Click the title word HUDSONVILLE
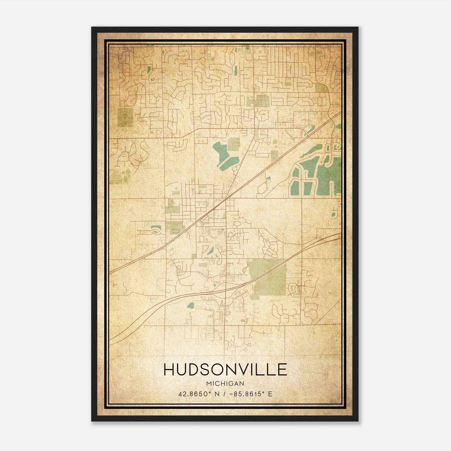click(x=225, y=370)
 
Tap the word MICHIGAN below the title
click(x=225, y=384)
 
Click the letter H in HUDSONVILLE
click(x=169, y=370)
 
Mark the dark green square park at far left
click(x=125, y=117)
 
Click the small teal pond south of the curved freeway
click(x=191, y=305)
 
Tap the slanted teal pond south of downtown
click(x=211, y=250)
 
